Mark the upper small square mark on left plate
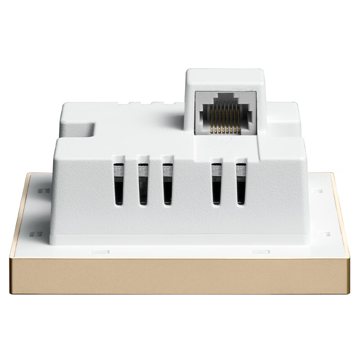click(44, 191)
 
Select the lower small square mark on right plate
click(327, 234)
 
